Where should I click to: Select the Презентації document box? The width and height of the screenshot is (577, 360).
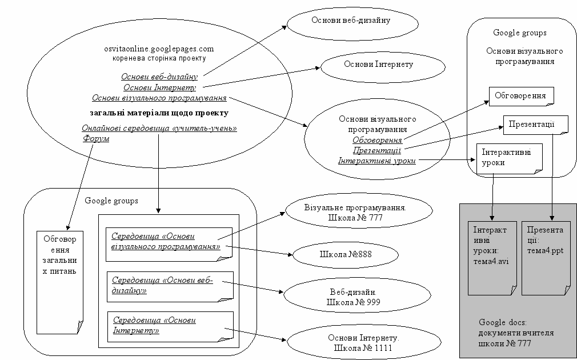(535, 124)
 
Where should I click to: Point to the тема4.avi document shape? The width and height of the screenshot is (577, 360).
(491, 257)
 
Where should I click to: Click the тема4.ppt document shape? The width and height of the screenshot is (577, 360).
(546, 257)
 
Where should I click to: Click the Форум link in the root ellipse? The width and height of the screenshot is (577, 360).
(96, 138)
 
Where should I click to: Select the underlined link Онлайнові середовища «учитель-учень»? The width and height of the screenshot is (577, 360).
(159, 128)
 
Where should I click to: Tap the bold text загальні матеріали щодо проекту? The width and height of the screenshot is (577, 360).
(159, 113)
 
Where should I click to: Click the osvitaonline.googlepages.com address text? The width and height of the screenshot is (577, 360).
(159, 49)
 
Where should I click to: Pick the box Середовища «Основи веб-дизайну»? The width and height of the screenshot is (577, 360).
(170, 286)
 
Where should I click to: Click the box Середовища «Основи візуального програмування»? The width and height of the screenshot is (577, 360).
(170, 242)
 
